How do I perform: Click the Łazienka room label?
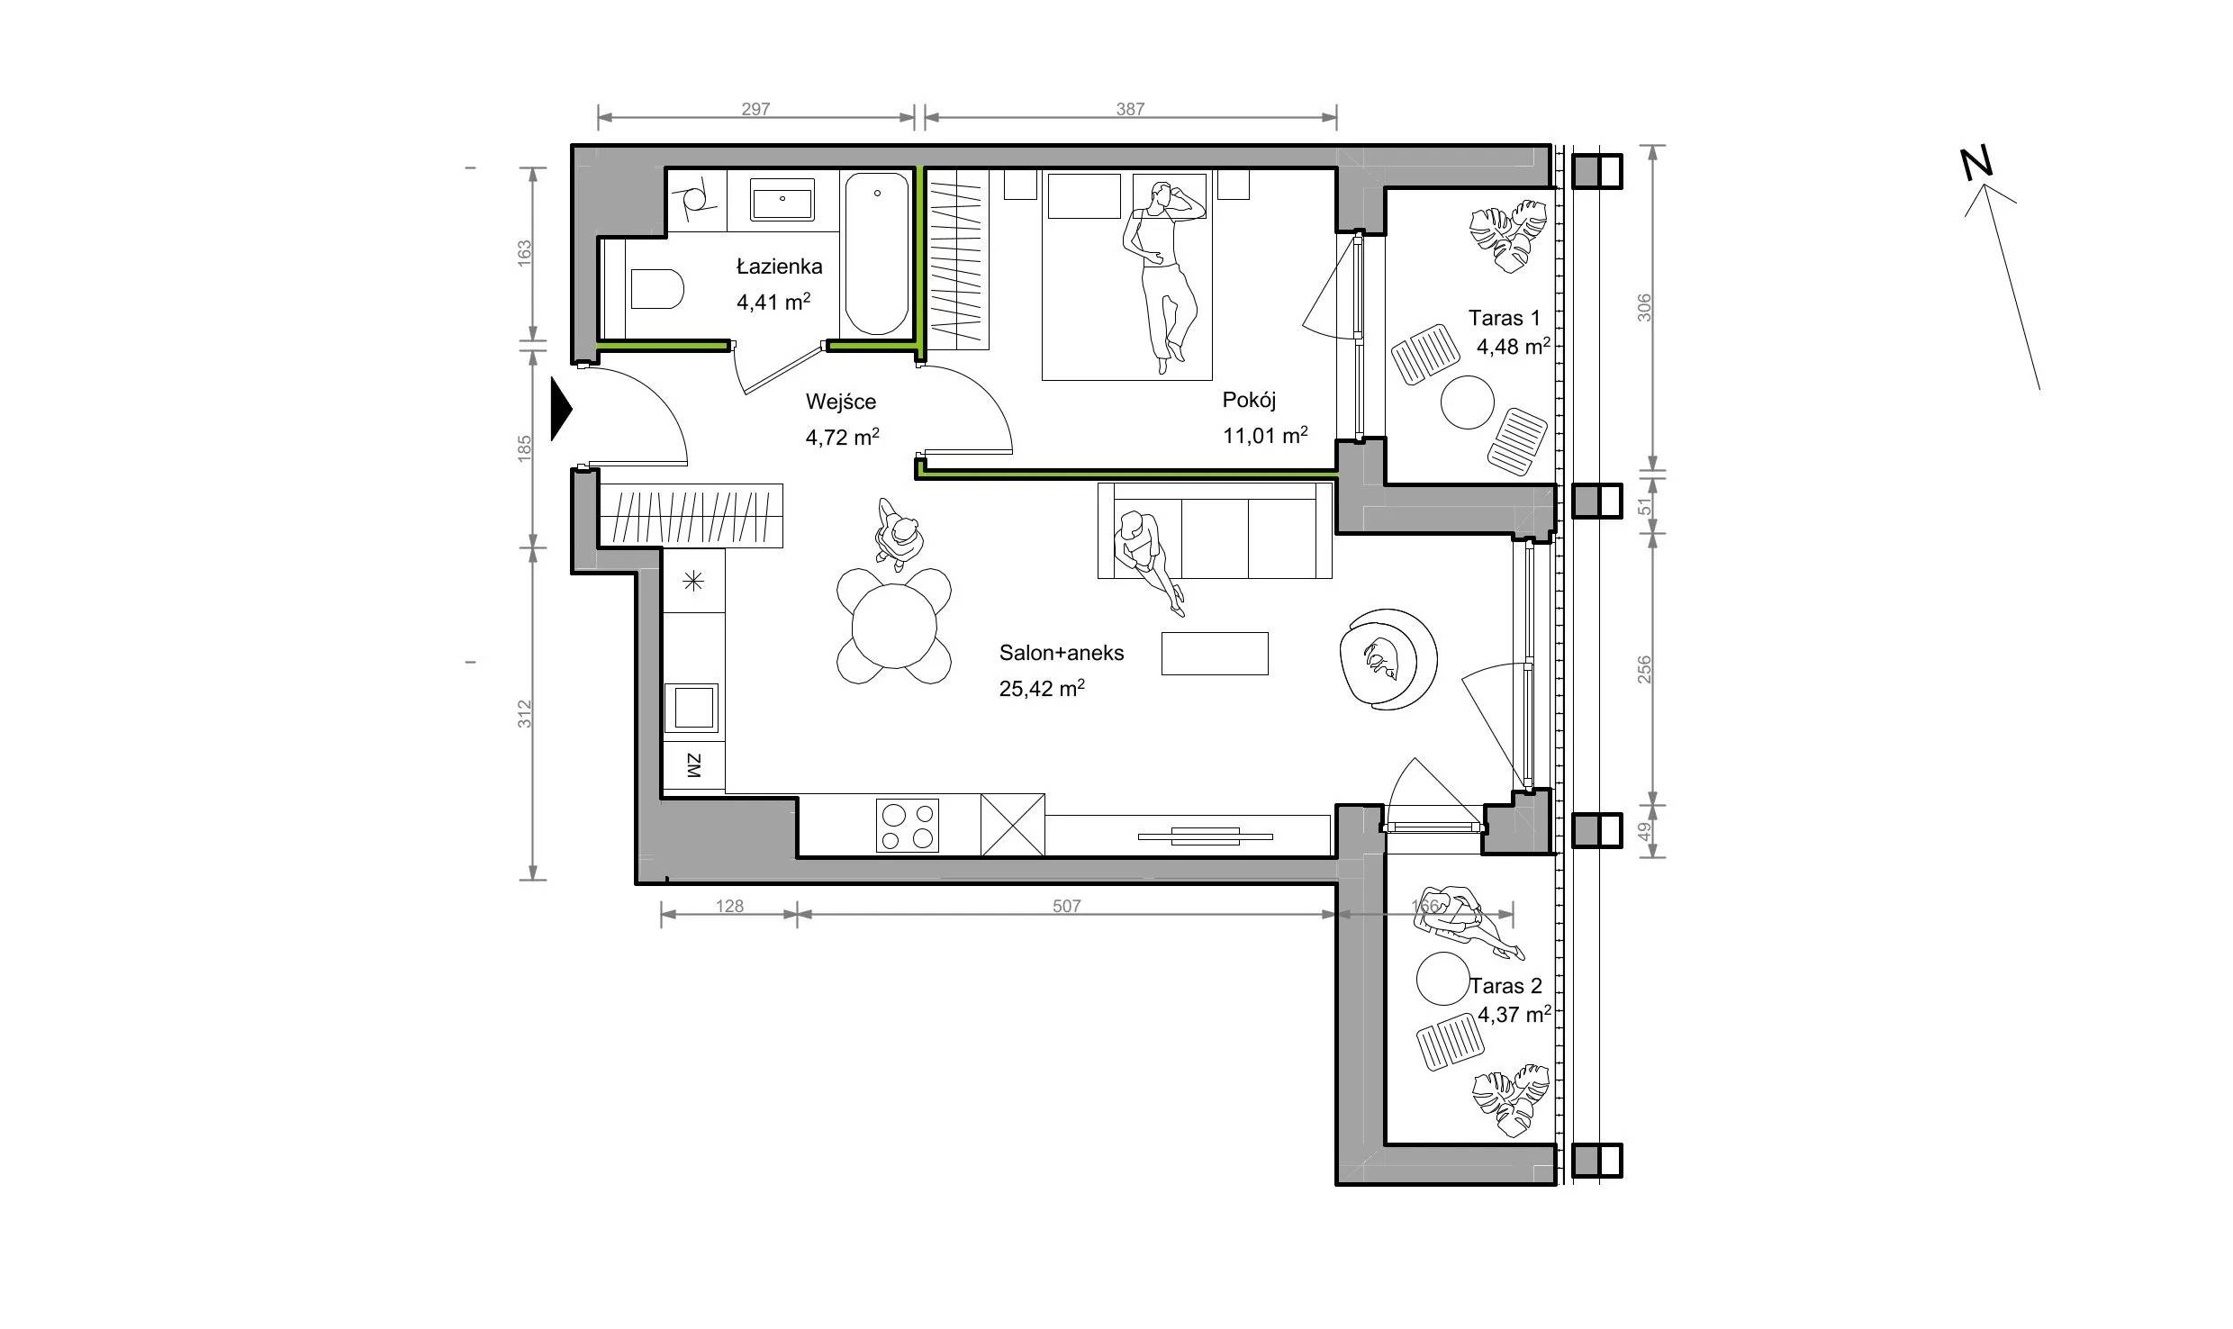(x=779, y=267)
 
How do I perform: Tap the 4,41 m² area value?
(x=773, y=302)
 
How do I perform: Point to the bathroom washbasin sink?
(x=782, y=199)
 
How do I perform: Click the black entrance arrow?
(x=561, y=409)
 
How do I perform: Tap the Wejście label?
(x=840, y=402)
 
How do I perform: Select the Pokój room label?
(x=1249, y=400)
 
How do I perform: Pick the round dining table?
(x=894, y=626)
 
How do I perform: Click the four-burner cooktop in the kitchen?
(x=908, y=826)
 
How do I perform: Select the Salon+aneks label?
(x=1062, y=653)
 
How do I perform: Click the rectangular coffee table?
(x=1215, y=653)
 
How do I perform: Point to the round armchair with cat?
(x=1387, y=659)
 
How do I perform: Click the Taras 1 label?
(x=1504, y=318)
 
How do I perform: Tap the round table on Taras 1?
(x=1468, y=402)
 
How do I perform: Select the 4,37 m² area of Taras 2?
(x=1514, y=1014)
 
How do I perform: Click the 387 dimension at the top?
(x=1130, y=109)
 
